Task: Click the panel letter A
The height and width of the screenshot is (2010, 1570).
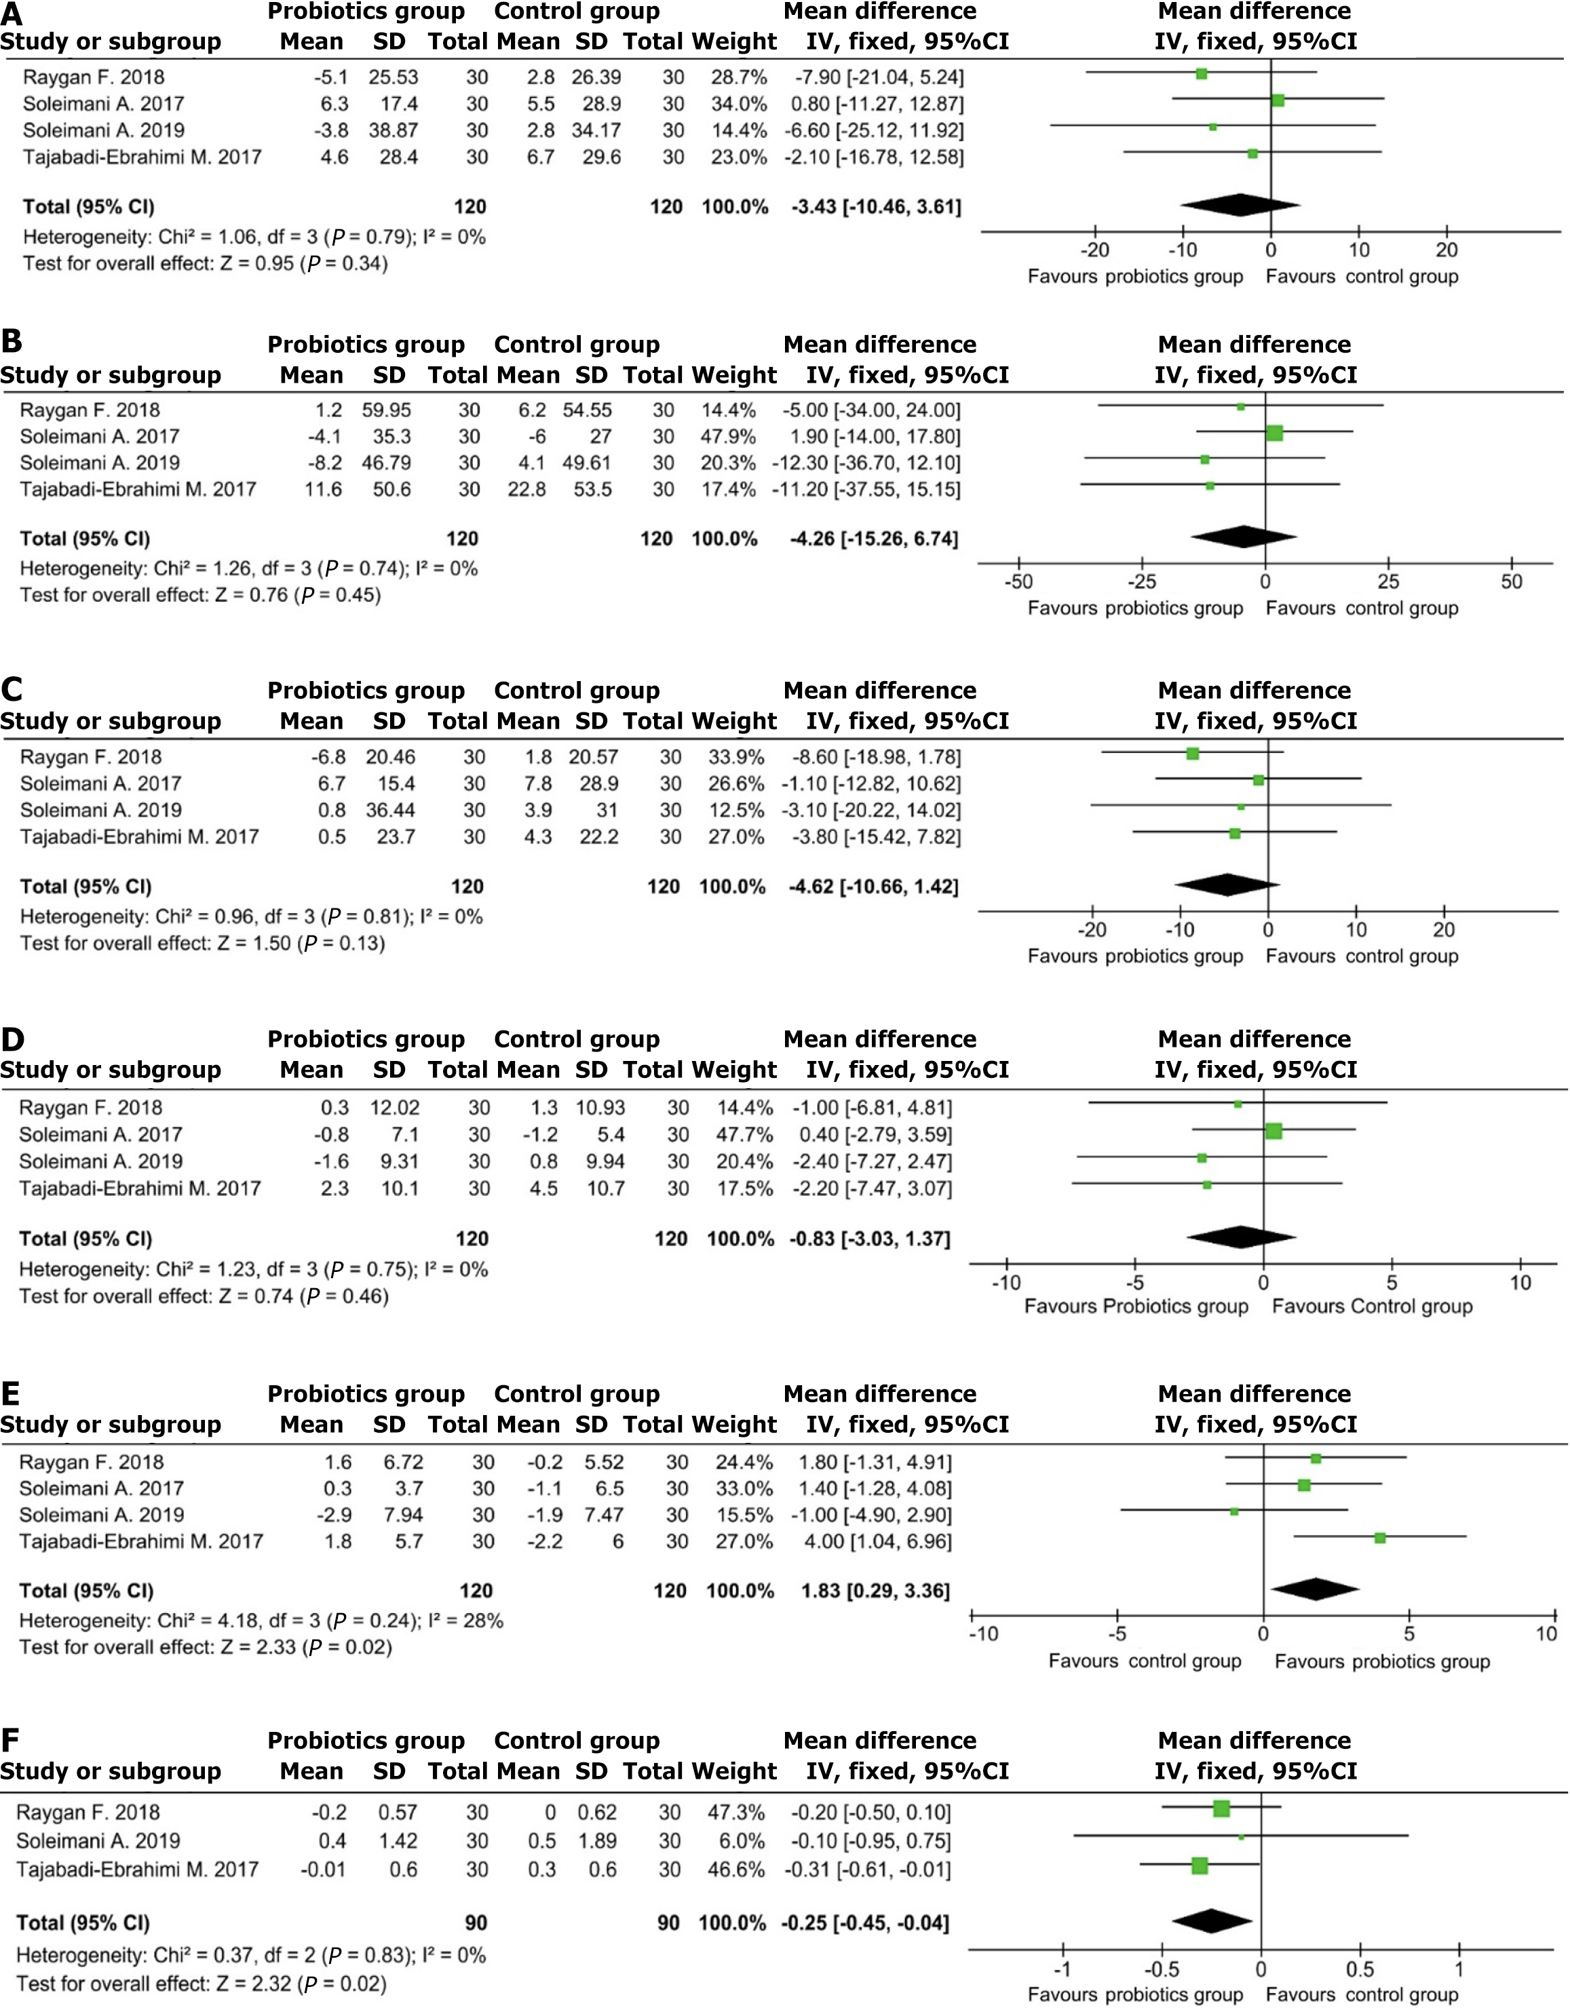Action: click(12, 12)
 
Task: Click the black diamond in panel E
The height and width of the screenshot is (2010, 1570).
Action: click(1315, 1589)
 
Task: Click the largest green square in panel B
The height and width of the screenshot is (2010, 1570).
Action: click(1275, 433)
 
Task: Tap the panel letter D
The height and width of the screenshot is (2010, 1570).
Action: click(13, 1040)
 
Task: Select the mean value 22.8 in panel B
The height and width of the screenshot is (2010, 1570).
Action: click(527, 490)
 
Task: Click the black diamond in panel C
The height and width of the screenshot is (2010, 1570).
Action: click(1227, 885)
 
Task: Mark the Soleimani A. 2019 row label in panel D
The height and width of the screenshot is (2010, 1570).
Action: click(101, 1161)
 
